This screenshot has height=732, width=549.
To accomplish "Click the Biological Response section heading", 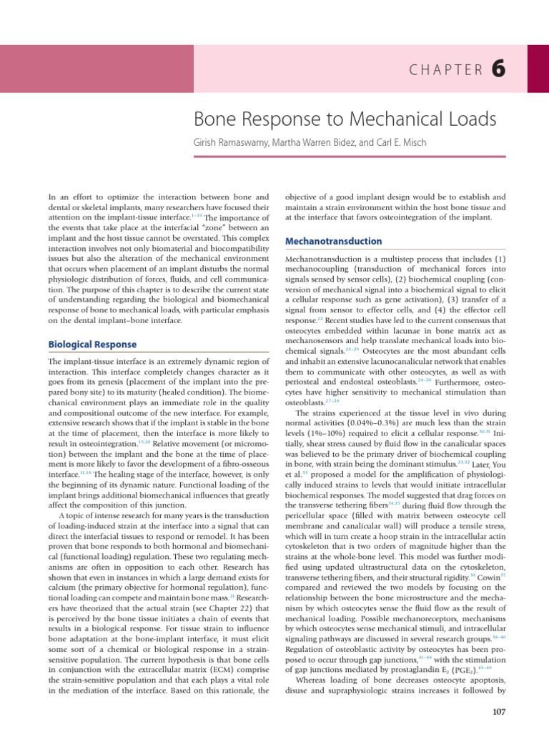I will pos(92,344).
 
